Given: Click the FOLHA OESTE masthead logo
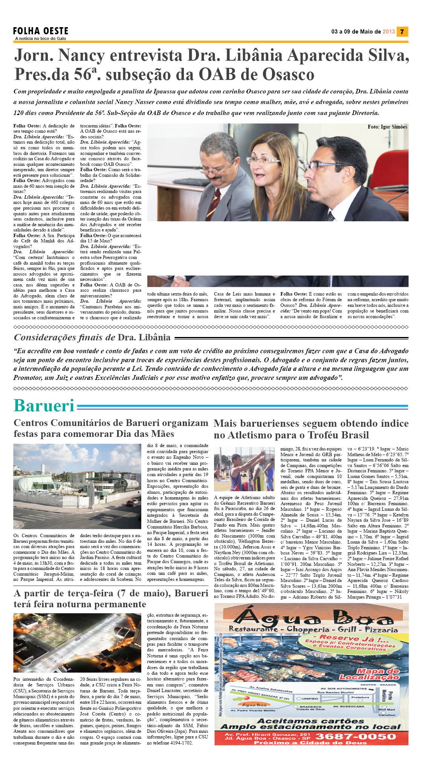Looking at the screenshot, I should click(41, 31).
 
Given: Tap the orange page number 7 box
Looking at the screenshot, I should click(402, 32).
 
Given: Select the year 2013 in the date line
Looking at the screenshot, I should click(388, 32).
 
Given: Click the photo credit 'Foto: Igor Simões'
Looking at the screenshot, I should click(387, 127).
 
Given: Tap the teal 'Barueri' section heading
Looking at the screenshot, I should click(44, 406).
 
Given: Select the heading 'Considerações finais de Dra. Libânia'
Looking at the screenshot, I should click(92, 337).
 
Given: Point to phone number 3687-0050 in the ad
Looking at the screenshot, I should click(355, 737).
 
